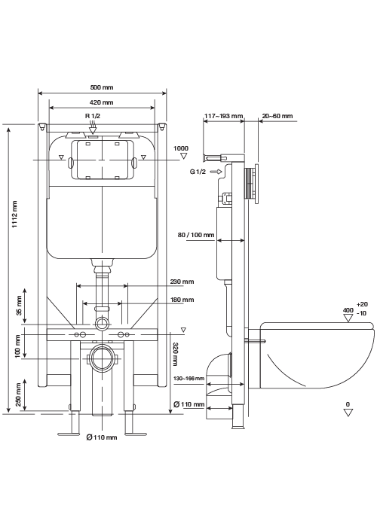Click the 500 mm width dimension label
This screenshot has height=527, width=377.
pyautogui.click(x=102, y=87)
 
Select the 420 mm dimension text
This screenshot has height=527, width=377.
pyautogui.click(x=102, y=102)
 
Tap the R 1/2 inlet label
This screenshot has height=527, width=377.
pyautogui.click(x=93, y=116)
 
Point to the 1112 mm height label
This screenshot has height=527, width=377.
pyautogui.click(x=14, y=215)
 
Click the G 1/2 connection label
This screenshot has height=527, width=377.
pyautogui.click(x=198, y=172)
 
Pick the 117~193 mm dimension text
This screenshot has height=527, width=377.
pyautogui.click(x=223, y=116)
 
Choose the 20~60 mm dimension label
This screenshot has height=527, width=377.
pyautogui.click(x=277, y=116)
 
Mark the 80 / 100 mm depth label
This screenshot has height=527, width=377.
pyautogui.click(x=196, y=235)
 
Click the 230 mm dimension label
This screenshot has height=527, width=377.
pyautogui.click(x=182, y=282)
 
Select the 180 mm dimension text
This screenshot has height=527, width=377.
pyautogui.click(x=182, y=300)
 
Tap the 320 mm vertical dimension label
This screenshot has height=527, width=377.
pyautogui.click(x=175, y=354)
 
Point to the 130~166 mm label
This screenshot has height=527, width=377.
pyautogui.click(x=188, y=379)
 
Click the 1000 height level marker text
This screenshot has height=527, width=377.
pyautogui.click(x=181, y=148)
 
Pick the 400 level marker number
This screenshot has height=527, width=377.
pyautogui.click(x=348, y=310)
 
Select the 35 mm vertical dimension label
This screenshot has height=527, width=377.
pyautogui.click(x=19, y=306)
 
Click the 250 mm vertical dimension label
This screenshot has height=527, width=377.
pyautogui.click(x=19, y=394)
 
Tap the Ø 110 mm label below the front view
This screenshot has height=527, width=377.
pyautogui.click(x=102, y=437)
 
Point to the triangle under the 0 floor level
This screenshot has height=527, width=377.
pyautogui.click(x=348, y=413)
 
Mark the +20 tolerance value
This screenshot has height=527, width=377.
pyautogui.click(x=362, y=304)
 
